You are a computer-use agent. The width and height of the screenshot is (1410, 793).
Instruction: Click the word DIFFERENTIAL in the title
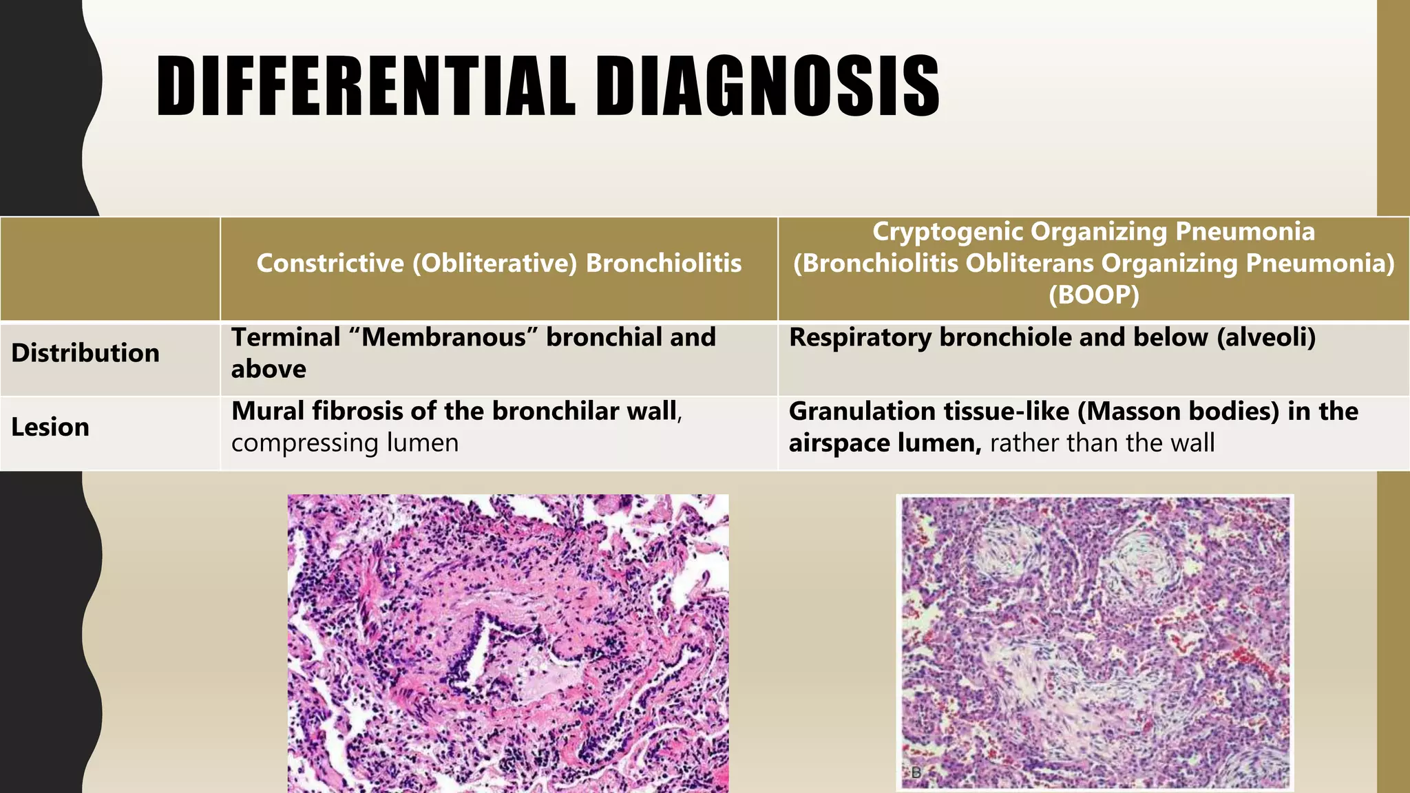pyautogui.click(x=365, y=86)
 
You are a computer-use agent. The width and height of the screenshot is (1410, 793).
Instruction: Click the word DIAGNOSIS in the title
pyautogui.click(x=767, y=86)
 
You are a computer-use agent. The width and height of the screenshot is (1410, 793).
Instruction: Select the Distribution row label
pyautogui.click(x=85, y=353)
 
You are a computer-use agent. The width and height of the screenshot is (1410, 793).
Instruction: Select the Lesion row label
pyautogui.click(x=50, y=427)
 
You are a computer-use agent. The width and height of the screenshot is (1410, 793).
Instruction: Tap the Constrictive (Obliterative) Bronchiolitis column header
pyautogui.click(x=499, y=264)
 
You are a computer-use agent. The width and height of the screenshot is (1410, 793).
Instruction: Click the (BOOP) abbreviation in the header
pyautogui.click(x=1094, y=295)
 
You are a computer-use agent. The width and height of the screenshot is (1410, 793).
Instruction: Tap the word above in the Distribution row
pyautogui.click(x=269, y=370)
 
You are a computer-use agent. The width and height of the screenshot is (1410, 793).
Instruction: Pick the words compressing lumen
pyautogui.click(x=345, y=443)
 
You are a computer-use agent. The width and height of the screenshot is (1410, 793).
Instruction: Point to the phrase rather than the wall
pyautogui.click(x=1102, y=443)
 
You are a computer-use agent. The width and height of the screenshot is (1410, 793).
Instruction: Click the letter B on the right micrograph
pyautogui.click(x=916, y=773)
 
